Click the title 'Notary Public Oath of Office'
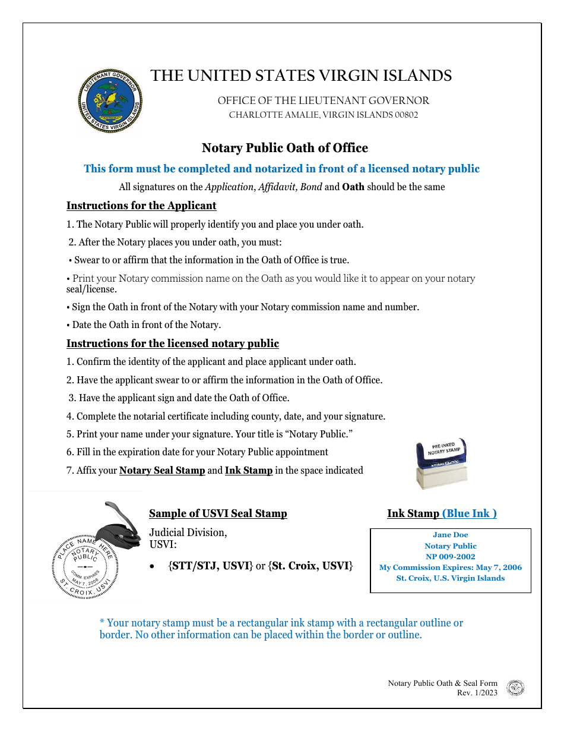[284, 148]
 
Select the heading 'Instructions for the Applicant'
[141, 206]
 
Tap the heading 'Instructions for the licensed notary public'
[172, 344]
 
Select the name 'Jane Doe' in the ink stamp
[450, 535]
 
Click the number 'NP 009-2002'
[450, 557]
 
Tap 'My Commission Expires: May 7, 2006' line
[450, 568]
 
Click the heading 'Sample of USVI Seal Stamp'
[218, 513]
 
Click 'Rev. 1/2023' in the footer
[477, 693]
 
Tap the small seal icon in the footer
[515, 688]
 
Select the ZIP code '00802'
[407, 115]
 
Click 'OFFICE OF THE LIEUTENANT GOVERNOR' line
[323, 101]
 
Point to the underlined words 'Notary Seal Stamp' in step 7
[162, 471]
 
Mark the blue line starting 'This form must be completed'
[281, 169]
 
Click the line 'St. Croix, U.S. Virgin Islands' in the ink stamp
[450, 578]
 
